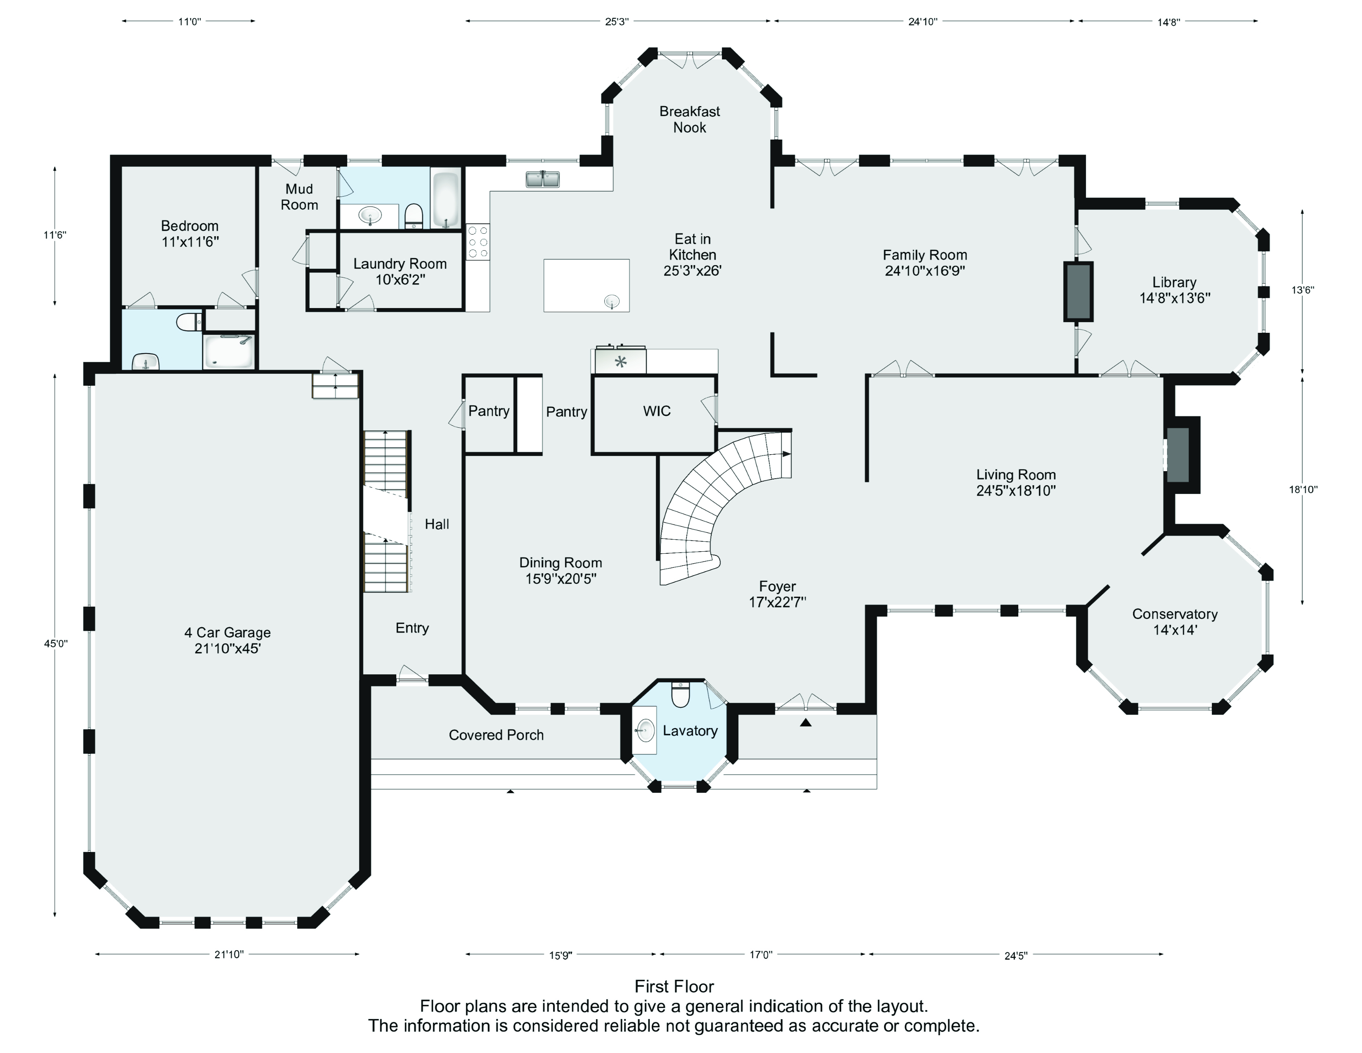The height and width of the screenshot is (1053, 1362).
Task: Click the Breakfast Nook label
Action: click(x=690, y=119)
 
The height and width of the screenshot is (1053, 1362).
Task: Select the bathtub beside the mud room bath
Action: click(x=446, y=199)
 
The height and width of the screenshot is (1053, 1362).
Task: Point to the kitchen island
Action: click(x=586, y=285)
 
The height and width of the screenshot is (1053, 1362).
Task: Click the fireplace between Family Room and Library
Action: click(x=1078, y=291)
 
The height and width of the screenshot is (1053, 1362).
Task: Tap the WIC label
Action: click(x=657, y=411)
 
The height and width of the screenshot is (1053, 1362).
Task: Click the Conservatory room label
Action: click(x=1175, y=614)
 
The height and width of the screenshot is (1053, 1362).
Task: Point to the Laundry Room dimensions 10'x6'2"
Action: click(x=400, y=280)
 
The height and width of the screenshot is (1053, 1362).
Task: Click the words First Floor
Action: click(x=674, y=986)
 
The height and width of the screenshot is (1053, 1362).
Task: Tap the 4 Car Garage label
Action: click(x=228, y=633)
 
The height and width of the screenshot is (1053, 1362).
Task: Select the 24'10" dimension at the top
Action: click(x=922, y=21)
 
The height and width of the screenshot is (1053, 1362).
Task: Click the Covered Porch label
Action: click(x=497, y=735)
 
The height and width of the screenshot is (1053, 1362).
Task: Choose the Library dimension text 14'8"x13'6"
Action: click(x=1175, y=298)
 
